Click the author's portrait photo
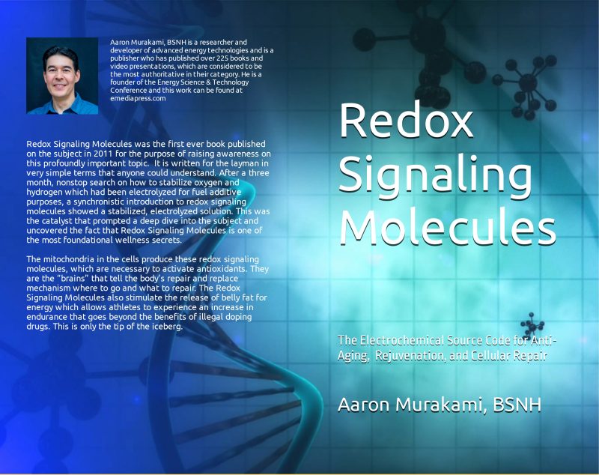62,76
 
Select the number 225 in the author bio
222,58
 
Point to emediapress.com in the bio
138,98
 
